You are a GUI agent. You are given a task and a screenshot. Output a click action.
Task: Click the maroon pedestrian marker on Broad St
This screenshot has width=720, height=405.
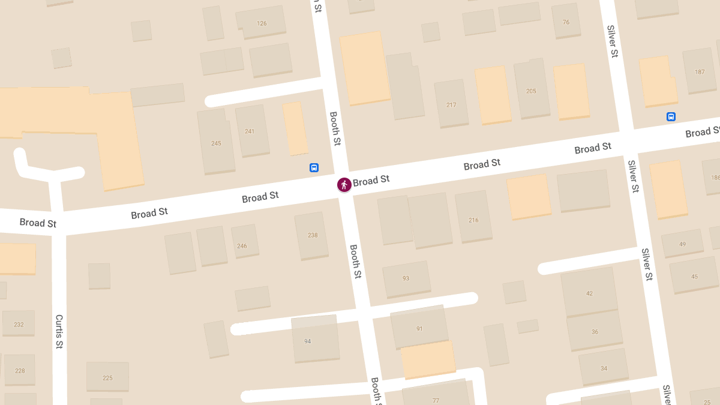[x=344, y=184]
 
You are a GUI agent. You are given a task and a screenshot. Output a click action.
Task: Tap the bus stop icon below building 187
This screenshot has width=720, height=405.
[x=671, y=117]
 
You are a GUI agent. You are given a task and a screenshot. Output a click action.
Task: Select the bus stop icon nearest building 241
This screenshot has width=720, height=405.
[x=314, y=168]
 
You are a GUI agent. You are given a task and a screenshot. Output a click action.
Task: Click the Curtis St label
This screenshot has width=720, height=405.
[x=59, y=332]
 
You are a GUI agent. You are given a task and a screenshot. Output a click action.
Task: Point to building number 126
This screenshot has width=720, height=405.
[x=262, y=23]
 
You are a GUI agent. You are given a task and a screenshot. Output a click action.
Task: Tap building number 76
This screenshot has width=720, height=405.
[x=566, y=22]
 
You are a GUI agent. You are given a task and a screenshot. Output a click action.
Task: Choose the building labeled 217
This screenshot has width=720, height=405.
[x=451, y=105]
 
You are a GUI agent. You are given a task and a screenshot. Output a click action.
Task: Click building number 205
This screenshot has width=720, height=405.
[x=531, y=91]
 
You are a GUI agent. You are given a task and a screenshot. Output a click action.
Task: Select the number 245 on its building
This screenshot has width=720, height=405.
[x=216, y=143]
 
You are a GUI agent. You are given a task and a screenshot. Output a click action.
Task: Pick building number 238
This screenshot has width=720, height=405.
[x=313, y=235]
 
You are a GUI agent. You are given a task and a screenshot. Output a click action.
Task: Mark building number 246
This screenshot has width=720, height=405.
[x=242, y=246]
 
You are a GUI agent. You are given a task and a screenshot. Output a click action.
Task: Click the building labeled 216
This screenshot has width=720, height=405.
[x=473, y=220]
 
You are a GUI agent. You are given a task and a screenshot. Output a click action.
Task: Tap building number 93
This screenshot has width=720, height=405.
[x=406, y=278]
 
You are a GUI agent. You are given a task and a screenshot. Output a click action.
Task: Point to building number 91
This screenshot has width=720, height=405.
[x=419, y=329]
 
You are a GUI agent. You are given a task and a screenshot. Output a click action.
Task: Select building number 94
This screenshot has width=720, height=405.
[x=308, y=341]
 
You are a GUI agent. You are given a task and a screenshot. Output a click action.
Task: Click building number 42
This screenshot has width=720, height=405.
[x=589, y=293]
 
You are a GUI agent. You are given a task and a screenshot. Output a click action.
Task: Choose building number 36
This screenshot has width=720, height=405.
[x=595, y=332]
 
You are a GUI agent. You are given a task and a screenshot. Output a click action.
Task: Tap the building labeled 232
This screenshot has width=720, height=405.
[x=19, y=325]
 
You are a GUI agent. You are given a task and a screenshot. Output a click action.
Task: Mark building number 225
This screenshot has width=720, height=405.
[x=107, y=378]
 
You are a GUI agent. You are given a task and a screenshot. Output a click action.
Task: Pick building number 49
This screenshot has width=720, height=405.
[x=682, y=244]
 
